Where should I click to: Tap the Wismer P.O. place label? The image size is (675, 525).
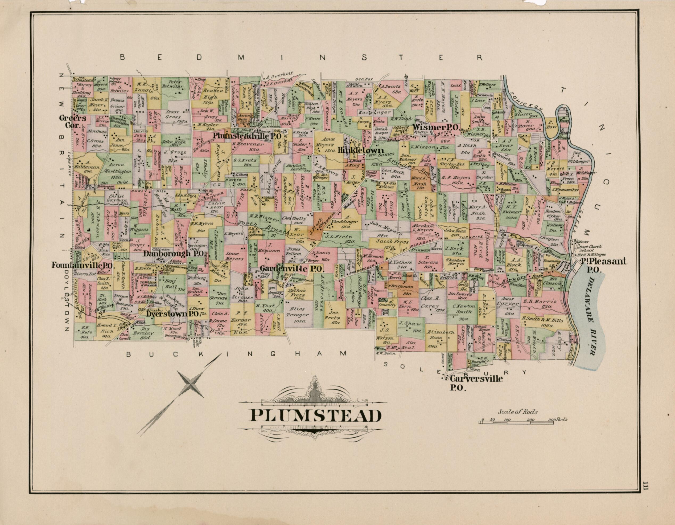[436, 127]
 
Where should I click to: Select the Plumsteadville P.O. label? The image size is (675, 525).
[247, 136]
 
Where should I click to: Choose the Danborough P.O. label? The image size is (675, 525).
[175, 254]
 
